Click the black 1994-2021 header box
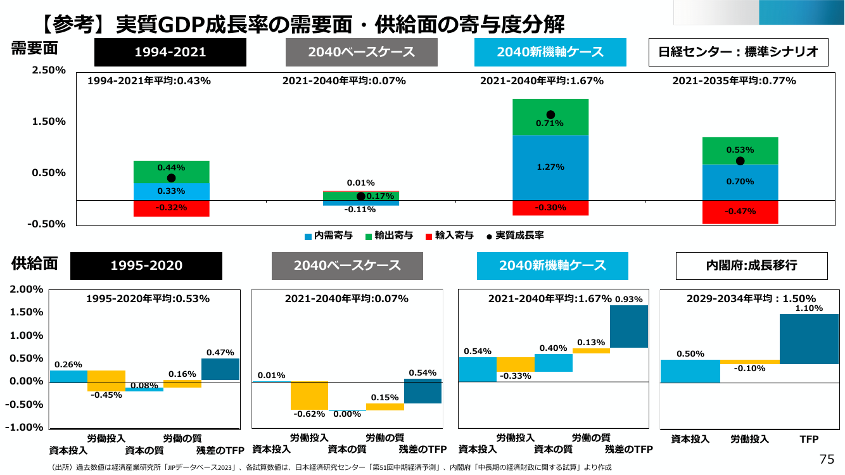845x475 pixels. [x=170, y=52]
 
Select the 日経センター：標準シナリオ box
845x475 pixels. [x=738, y=52]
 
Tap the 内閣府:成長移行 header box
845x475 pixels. [x=751, y=265]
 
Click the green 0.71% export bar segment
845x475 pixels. [x=550, y=117]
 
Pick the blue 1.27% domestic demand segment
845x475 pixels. [x=550, y=167]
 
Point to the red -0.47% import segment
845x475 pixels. [x=740, y=212]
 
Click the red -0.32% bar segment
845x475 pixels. [x=171, y=208]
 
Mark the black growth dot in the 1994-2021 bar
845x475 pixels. [x=171, y=178]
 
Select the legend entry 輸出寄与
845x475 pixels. [x=390, y=236]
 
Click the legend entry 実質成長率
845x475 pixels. [x=516, y=236]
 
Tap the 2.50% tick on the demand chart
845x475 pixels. [x=49, y=70]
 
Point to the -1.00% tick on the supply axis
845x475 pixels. [x=24, y=427]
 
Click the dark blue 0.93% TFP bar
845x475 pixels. [x=629, y=326]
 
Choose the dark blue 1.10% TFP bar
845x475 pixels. [x=809, y=339]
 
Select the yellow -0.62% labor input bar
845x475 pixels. [x=309, y=396]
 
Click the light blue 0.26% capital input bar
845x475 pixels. [x=68, y=377]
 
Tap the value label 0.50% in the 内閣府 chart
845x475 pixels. [x=690, y=354]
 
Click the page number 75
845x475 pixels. [x=827, y=459]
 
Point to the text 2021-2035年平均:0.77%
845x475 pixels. [x=734, y=80]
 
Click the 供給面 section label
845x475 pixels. [x=34, y=263]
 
